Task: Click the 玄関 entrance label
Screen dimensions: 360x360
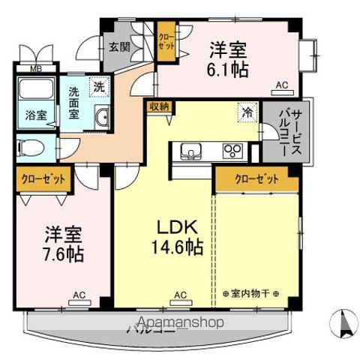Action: [118, 47]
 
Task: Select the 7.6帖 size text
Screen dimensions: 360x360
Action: [62, 252]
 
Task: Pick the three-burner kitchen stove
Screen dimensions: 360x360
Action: [232, 150]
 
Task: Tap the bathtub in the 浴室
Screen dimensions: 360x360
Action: [33, 91]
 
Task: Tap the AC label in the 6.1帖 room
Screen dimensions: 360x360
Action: [282, 86]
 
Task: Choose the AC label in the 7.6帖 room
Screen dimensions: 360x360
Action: [79, 295]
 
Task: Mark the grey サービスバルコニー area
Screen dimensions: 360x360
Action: [283, 133]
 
